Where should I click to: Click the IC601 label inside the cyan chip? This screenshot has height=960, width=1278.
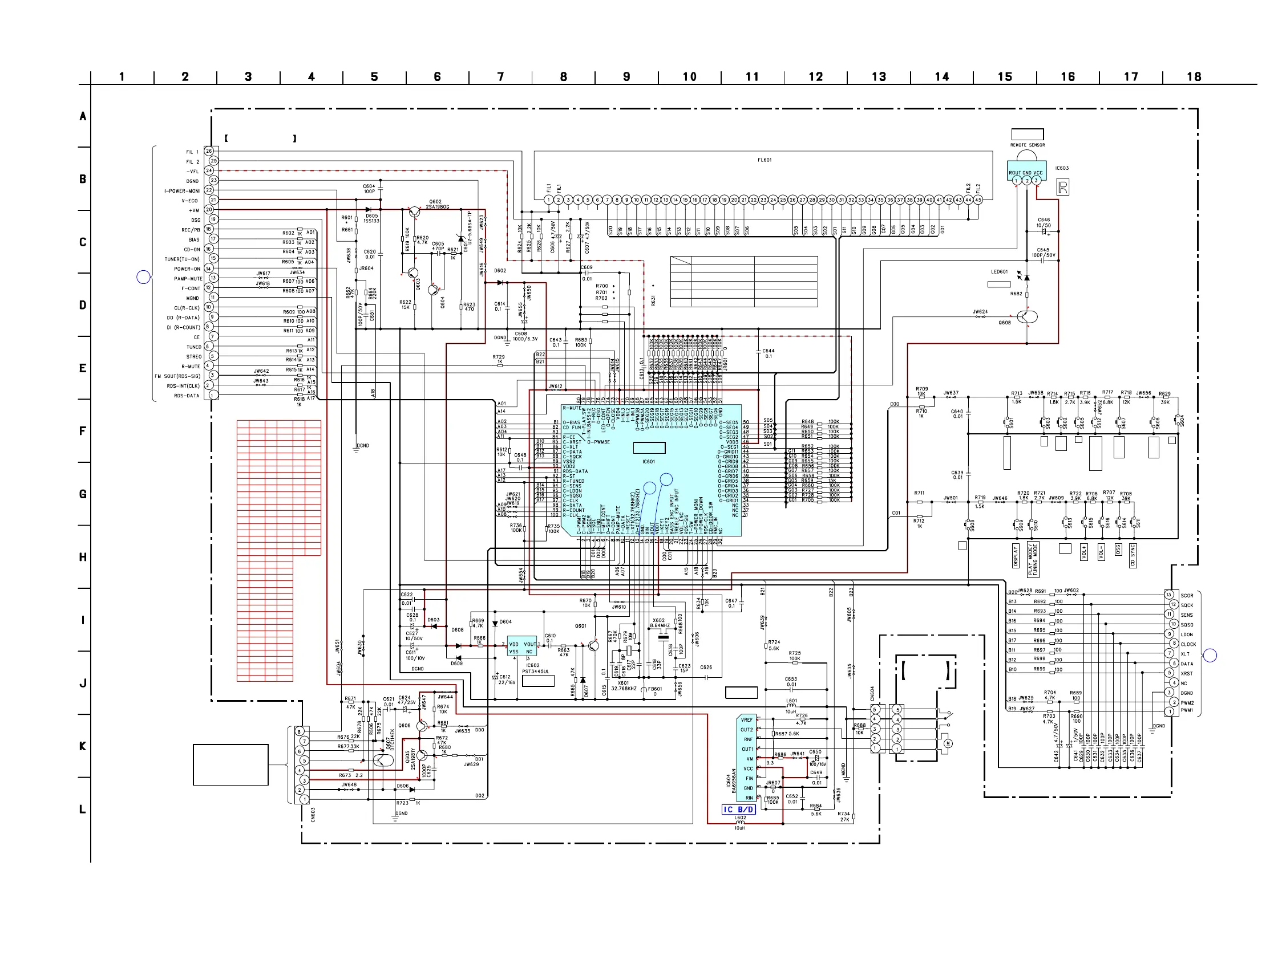click(648, 462)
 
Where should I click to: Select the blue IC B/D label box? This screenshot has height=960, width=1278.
click(738, 810)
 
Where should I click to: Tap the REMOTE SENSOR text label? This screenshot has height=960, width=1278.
click(1028, 145)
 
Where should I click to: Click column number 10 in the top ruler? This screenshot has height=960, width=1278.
click(689, 77)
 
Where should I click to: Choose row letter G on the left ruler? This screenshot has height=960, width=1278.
click(83, 494)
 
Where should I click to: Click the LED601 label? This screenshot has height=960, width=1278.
click(999, 272)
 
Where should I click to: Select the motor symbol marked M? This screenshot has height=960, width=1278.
click(947, 743)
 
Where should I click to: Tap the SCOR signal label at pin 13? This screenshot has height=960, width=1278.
click(1187, 596)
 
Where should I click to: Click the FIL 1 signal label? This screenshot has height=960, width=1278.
click(192, 152)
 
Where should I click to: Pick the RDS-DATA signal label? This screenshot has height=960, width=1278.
click(186, 396)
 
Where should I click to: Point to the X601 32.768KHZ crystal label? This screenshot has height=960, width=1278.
click(624, 686)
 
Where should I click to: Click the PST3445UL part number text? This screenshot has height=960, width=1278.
click(536, 672)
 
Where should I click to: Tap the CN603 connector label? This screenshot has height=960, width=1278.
click(313, 815)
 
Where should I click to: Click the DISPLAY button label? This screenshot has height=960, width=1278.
click(1016, 556)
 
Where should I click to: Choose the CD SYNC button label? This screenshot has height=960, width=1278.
click(1133, 555)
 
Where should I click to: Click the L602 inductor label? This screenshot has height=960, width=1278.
click(740, 817)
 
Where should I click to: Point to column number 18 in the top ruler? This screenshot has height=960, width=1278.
click(1194, 77)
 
